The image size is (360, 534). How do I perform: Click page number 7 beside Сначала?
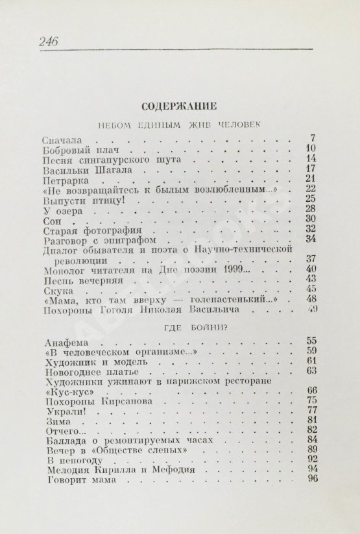pos(313,138)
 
